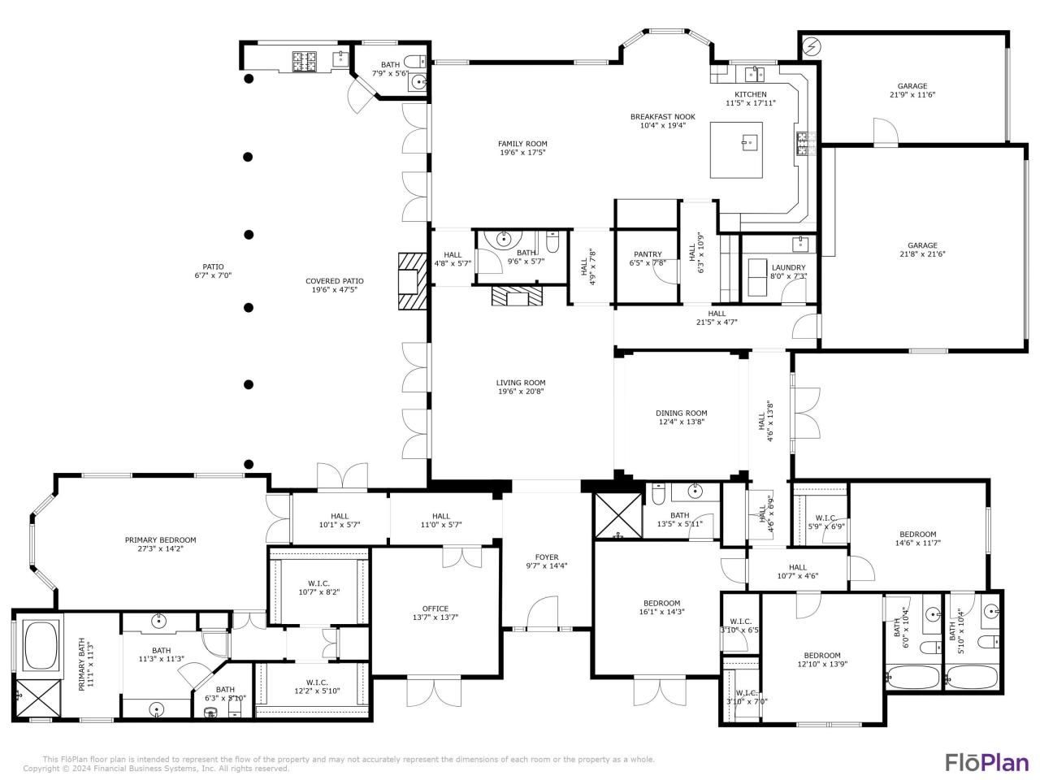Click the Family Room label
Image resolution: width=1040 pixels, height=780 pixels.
click(x=522, y=144)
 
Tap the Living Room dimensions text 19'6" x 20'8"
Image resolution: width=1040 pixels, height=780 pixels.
click(x=521, y=392)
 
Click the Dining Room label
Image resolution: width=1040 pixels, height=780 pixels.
click(x=682, y=413)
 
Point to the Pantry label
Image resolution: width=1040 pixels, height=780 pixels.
click(x=648, y=254)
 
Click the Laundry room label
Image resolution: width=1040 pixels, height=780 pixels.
click(x=788, y=267)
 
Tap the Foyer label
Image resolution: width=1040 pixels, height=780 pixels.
click(x=546, y=557)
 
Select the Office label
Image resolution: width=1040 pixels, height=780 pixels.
click(x=435, y=609)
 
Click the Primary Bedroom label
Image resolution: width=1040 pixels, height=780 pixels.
click(x=160, y=539)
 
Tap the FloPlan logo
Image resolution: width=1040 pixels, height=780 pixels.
click(x=986, y=762)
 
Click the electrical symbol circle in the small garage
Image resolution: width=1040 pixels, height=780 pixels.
click(x=810, y=46)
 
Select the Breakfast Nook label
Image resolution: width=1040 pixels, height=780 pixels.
click(x=662, y=117)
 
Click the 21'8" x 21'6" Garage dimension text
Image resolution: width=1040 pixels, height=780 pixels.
click(x=922, y=254)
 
